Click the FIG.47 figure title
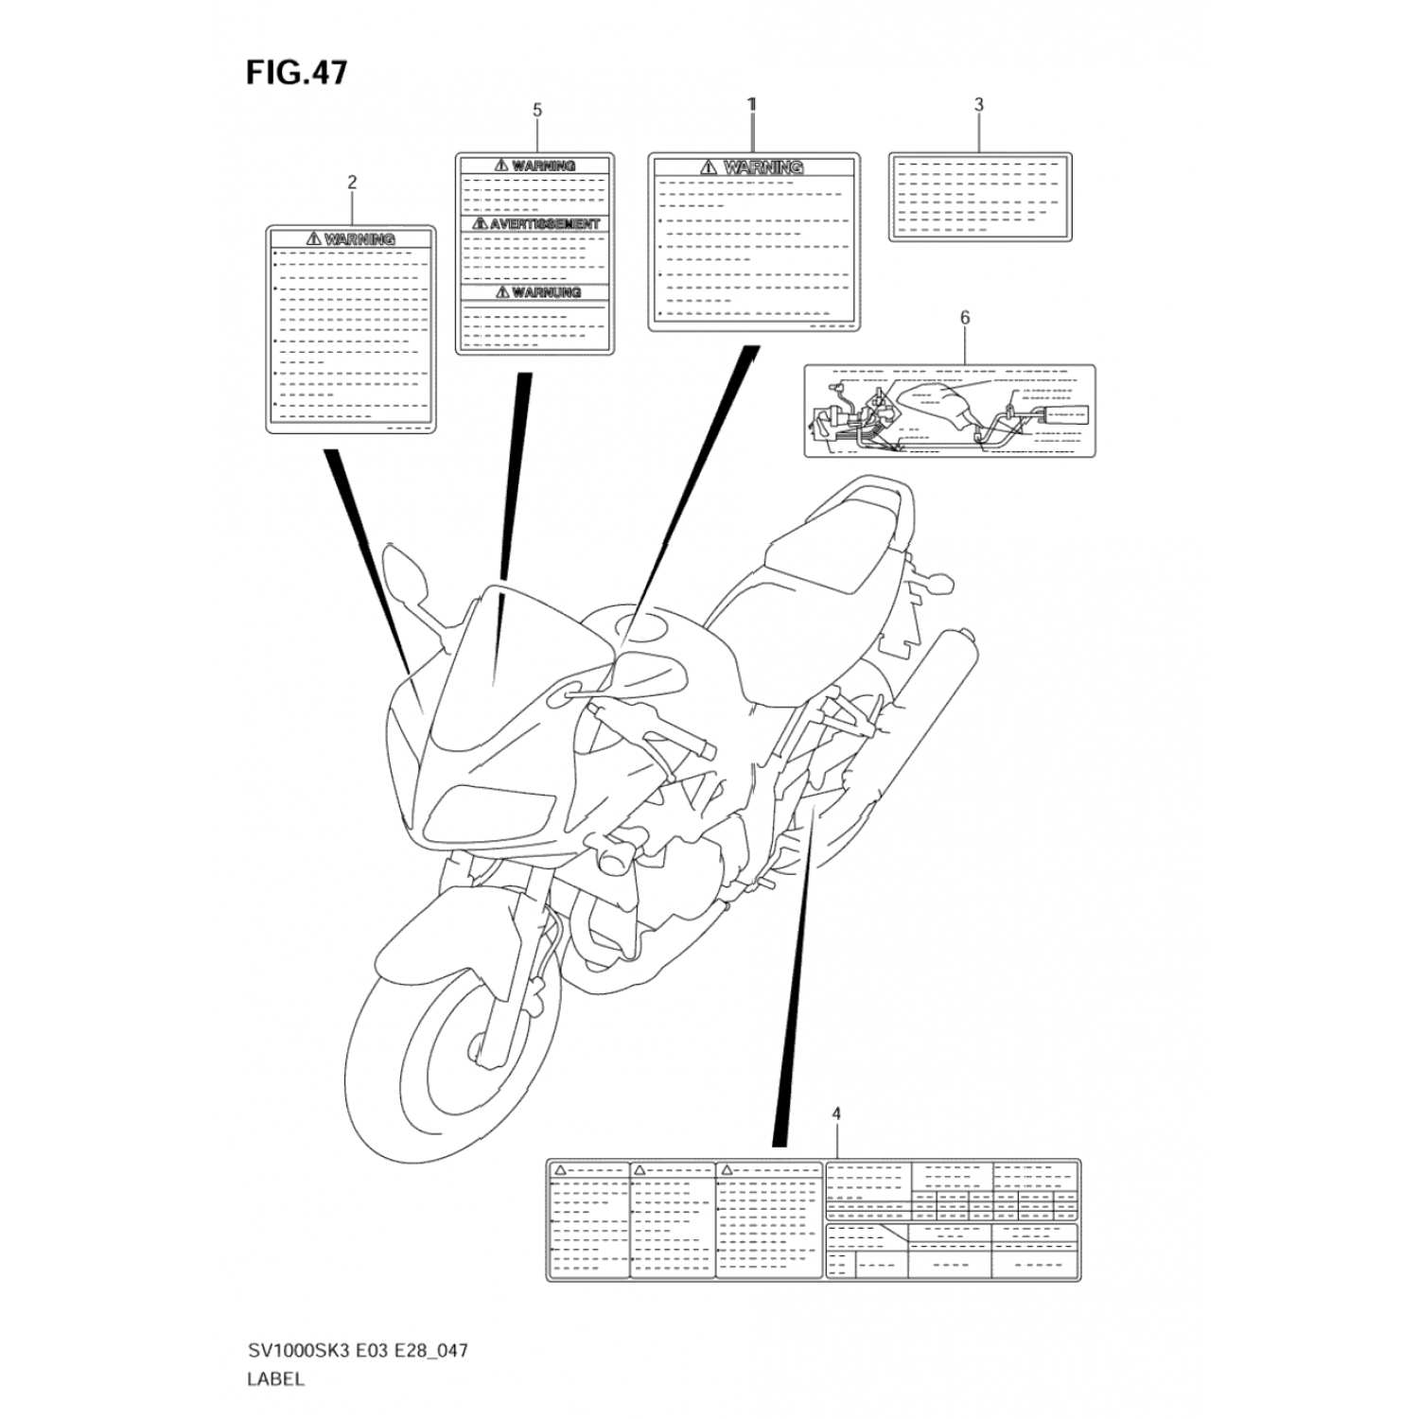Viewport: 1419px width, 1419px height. tap(296, 73)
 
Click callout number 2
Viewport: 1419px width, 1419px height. tap(352, 183)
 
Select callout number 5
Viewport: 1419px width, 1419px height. tap(537, 111)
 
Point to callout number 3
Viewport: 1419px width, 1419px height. tap(978, 105)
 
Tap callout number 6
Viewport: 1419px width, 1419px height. tap(965, 318)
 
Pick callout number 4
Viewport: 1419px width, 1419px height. tap(836, 1114)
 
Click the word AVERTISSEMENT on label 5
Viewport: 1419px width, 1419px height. tap(543, 224)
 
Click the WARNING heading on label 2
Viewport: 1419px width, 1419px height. tap(359, 239)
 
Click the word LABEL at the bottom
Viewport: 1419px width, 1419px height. tap(275, 1378)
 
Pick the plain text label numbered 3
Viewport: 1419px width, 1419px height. tap(980, 197)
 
